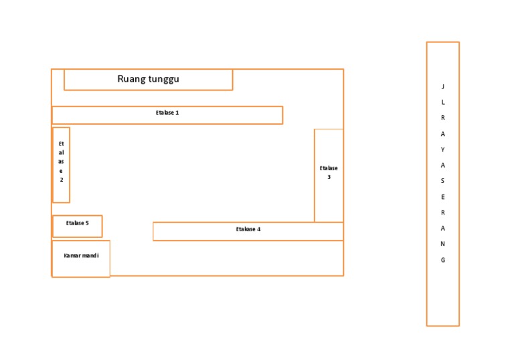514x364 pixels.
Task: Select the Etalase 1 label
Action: [167, 113]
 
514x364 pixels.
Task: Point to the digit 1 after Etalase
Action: [177, 113]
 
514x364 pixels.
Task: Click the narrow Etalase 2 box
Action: [62, 165]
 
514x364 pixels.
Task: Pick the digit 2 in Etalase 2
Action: [62, 180]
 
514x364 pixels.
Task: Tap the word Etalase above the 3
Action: [329, 168]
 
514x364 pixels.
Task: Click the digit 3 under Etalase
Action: [329, 177]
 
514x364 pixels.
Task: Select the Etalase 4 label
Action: [248, 229]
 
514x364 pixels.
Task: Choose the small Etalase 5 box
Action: [78, 226]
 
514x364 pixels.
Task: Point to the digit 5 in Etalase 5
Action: [87, 223]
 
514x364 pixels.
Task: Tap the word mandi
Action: [90, 255]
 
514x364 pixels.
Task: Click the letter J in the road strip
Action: [443, 86]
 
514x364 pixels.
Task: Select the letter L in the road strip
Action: [443, 102]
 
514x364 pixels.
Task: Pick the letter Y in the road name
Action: [443, 149]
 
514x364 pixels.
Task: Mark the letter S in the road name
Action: [442, 181]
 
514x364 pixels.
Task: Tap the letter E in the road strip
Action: [443, 197]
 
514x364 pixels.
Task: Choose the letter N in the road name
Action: [443, 244]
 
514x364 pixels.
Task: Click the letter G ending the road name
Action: [443, 260]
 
